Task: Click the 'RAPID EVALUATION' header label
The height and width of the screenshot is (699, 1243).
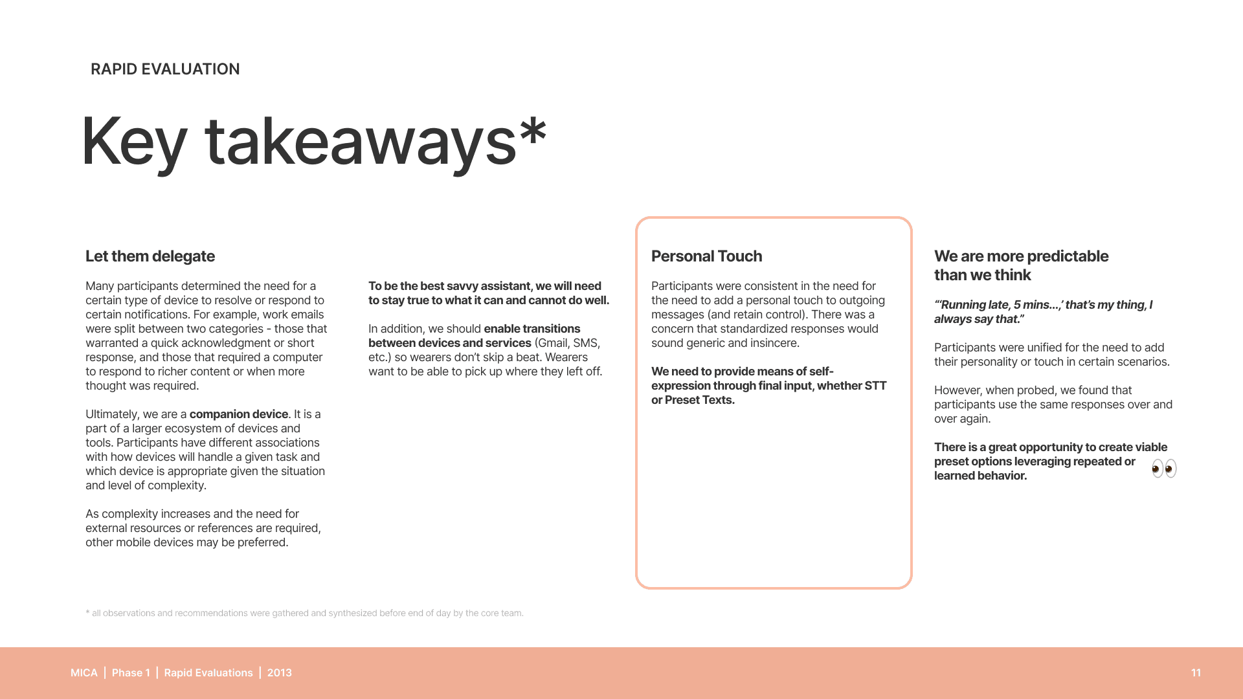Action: coord(165,69)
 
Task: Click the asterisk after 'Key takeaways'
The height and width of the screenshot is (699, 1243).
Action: coord(533,132)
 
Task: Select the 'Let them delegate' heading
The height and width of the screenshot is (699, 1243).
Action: coord(150,256)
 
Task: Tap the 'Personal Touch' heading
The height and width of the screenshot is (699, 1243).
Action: coord(706,256)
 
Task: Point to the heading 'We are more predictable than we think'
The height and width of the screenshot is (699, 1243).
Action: coord(1021,265)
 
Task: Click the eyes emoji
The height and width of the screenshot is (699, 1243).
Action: coord(1164,469)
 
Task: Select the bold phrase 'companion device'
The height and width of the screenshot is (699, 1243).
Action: coord(238,414)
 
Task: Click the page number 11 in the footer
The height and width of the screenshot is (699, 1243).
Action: coord(1196,673)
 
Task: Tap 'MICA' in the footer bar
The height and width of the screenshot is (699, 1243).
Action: coord(84,673)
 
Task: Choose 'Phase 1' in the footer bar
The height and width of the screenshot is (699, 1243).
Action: coord(131,673)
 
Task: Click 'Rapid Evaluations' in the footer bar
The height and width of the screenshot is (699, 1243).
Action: coord(208,673)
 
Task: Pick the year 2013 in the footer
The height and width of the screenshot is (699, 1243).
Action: coord(280,673)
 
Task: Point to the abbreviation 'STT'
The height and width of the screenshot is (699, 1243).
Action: coord(875,386)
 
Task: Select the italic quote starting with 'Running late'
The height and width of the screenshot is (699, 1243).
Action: coord(1043,312)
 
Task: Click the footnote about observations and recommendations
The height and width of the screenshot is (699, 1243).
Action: coord(304,613)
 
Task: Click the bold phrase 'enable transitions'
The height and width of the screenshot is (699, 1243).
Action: coord(532,329)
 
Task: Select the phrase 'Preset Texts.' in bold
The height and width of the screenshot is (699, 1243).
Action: coord(700,400)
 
